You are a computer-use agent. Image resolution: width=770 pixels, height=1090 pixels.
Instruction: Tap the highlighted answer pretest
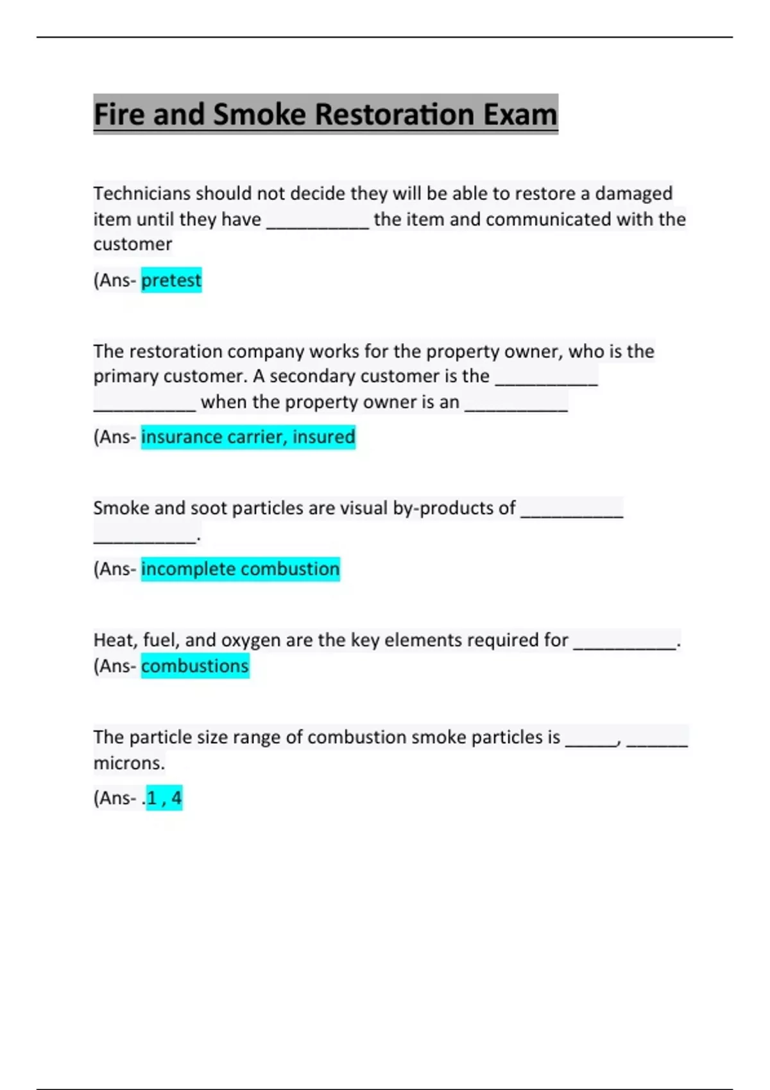pyautogui.click(x=171, y=280)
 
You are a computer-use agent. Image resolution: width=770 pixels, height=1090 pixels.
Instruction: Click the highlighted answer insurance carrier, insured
pyautogui.click(x=248, y=437)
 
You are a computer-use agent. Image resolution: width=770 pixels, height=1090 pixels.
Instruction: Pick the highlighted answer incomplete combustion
pyautogui.click(x=240, y=569)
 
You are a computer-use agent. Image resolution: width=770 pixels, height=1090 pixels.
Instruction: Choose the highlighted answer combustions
pyautogui.click(x=194, y=666)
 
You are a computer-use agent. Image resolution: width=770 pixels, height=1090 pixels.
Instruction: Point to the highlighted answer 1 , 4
pyautogui.click(x=164, y=798)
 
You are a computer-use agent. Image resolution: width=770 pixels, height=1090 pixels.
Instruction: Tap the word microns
pyautogui.click(x=129, y=763)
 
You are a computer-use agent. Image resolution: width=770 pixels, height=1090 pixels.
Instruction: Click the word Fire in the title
pyautogui.click(x=120, y=115)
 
